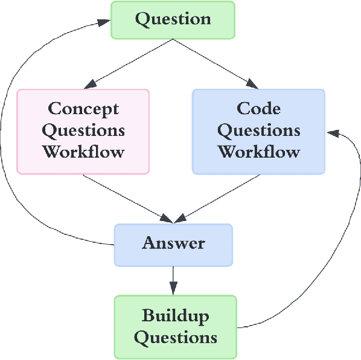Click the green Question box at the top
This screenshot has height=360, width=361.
click(x=173, y=20)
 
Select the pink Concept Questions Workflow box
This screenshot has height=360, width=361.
click(x=83, y=131)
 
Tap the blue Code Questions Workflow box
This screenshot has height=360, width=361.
click(x=258, y=131)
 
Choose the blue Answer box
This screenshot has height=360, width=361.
click(x=173, y=244)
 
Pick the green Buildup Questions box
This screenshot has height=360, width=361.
click(x=175, y=326)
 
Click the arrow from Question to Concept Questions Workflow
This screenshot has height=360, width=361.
click(x=130, y=64)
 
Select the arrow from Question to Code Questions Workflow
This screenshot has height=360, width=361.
click(x=214, y=63)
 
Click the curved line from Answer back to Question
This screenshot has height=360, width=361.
click(x=12, y=151)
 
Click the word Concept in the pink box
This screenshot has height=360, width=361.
click(x=83, y=109)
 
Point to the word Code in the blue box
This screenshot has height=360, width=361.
click(x=258, y=109)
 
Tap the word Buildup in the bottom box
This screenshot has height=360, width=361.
click(x=175, y=315)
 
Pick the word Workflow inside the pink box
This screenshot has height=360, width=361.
click(x=83, y=151)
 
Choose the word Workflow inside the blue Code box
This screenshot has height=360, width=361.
click(x=258, y=151)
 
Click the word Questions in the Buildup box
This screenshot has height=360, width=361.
click(x=175, y=337)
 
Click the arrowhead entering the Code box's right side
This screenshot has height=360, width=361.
click(x=331, y=131)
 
